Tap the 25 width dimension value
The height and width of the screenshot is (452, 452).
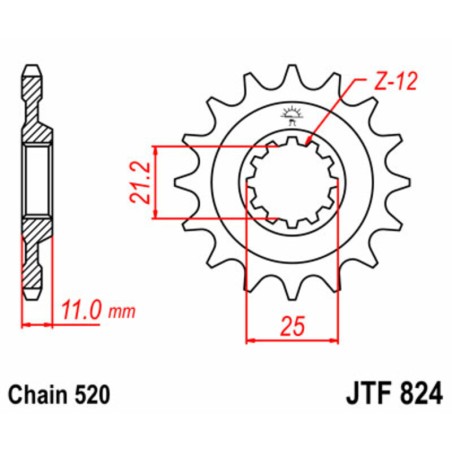(x=290, y=325)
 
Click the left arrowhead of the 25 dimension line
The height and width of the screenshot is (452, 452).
(x=249, y=340)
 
